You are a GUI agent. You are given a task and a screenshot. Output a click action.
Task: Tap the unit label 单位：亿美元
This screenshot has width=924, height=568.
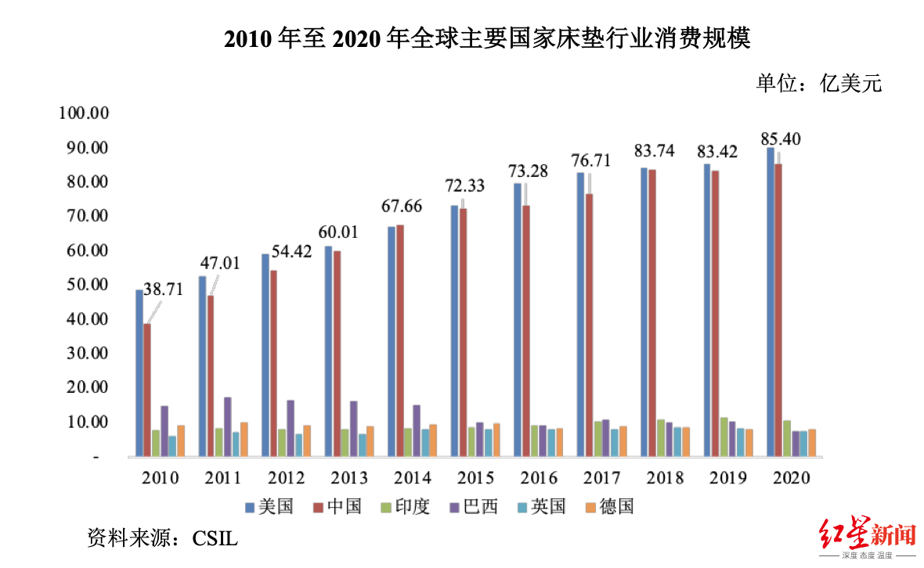[x=818, y=83]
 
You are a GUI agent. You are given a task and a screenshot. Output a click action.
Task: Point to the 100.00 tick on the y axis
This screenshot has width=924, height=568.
[x=84, y=113]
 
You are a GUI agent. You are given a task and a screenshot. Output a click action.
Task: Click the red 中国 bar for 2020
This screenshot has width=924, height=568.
[x=778, y=310]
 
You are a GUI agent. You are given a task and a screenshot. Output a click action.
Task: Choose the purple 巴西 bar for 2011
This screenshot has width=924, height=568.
[x=228, y=426]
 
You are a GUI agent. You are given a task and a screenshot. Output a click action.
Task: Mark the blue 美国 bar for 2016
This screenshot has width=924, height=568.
[x=518, y=319]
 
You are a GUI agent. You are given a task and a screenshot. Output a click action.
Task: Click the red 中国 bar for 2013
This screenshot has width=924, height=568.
[x=336, y=353]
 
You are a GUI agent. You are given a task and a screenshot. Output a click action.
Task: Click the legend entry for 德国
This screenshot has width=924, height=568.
[x=608, y=507]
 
